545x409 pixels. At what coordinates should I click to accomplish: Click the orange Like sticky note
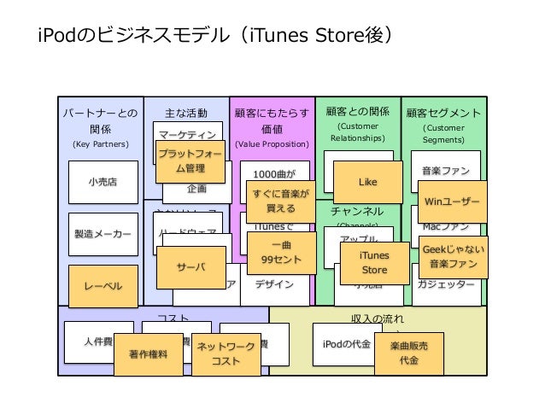point(367,182)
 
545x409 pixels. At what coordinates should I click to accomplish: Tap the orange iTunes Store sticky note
point(374,263)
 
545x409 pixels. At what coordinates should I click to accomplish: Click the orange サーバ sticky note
point(190,267)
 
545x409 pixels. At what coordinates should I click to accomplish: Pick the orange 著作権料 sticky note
point(148,354)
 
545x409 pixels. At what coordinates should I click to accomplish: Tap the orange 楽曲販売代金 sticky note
point(409,353)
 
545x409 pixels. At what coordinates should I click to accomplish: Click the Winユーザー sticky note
point(452,202)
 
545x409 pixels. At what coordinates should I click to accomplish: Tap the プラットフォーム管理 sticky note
point(190,161)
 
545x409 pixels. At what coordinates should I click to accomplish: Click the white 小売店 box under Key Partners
point(103,182)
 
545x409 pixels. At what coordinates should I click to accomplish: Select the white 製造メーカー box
point(103,233)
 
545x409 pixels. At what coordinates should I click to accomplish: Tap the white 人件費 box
point(98,342)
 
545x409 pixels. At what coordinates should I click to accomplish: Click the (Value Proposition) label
point(272,144)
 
